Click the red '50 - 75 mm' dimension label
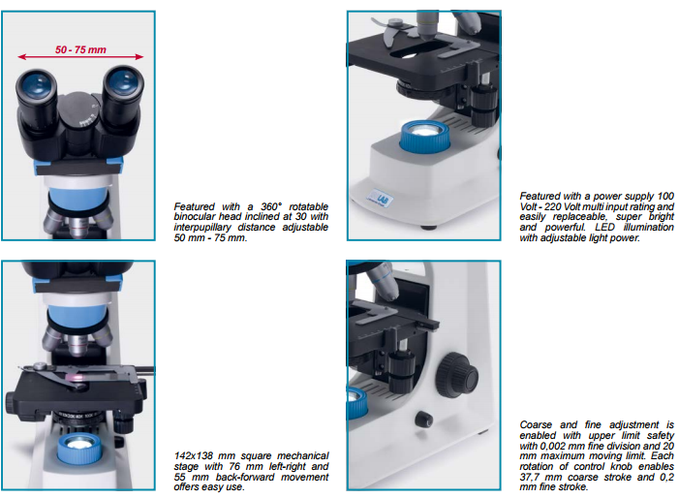tap(80, 49)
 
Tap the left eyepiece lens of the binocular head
tap(37, 82)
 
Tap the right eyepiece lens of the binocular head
tap(123, 79)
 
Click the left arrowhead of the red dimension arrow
tap(21, 57)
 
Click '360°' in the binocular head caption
tap(270, 206)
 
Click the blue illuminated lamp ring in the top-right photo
tap(425, 136)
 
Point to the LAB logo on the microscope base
tap(381, 199)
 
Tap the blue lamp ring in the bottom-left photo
tap(80, 449)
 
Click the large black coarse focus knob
tap(457, 375)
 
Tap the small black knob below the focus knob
tap(424, 419)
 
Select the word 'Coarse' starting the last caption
tap(536, 424)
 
